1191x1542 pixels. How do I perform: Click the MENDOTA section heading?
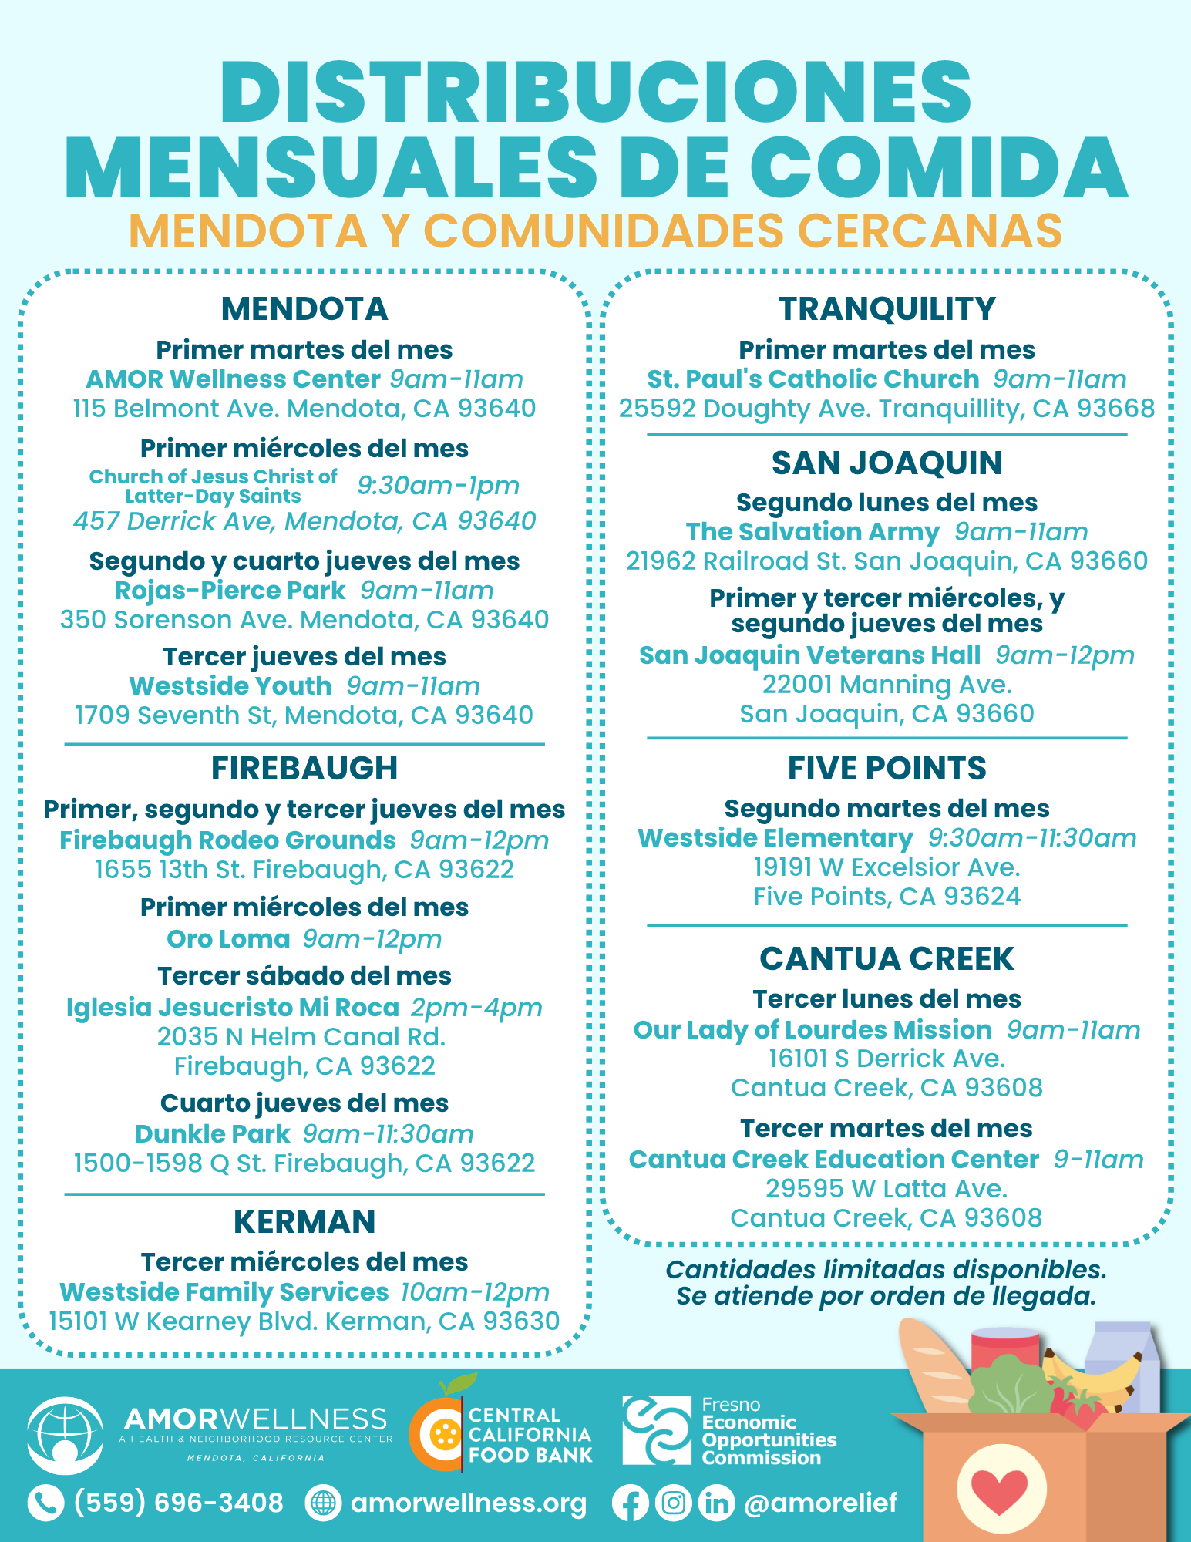point(304,309)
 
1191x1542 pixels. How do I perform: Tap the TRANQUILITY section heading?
point(887,309)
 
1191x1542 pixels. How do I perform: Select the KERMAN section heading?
point(304,1222)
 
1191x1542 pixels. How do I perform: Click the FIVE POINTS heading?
point(887,769)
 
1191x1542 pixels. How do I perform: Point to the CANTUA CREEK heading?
point(887,959)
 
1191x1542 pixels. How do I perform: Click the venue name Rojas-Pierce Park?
point(230,591)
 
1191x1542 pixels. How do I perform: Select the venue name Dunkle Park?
point(212,1134)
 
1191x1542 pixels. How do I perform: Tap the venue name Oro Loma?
point(228,939)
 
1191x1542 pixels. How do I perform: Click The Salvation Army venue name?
point(813,532)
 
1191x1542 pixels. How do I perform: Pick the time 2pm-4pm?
point(476,1008)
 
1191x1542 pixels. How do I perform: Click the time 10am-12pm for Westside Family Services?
point(475,1292)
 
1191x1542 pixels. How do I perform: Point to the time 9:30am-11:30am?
point(1032,838)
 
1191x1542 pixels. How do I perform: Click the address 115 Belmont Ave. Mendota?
point(304,409)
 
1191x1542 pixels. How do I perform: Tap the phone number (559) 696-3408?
point(178,1503)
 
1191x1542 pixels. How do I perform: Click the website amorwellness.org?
point(468,1503)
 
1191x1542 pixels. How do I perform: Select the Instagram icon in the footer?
point(673,1503)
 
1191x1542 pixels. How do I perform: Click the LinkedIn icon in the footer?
point(716,1503)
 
